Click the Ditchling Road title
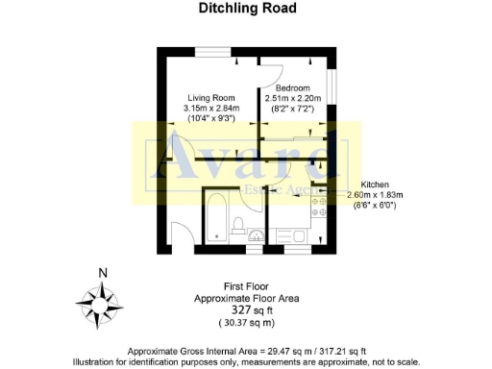click(x=247, y=9)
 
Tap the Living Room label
click(x=210, y=97)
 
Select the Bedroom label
click(x=292, y=88)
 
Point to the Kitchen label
click(x=374, y=184)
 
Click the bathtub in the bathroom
click(x=215, y=219)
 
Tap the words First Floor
click(x=247, y=286)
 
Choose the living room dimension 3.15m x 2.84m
click(x=210, y=108)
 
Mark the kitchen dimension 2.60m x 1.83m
click(x=375, y=194)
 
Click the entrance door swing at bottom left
click(x=182, y=234)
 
